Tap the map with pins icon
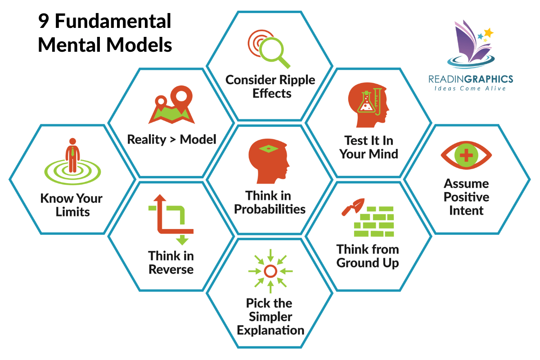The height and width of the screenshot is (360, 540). click(171, 108)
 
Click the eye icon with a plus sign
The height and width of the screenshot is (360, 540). click(466, 156)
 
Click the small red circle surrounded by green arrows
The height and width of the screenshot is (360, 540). click(270, 271)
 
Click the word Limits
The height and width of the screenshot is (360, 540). click(73, 212)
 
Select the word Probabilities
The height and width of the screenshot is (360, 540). click(270, 209)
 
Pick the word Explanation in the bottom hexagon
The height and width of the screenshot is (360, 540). click(270, 330)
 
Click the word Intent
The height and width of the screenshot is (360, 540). click(466, 210)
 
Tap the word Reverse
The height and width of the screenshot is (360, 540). click(171, 269)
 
